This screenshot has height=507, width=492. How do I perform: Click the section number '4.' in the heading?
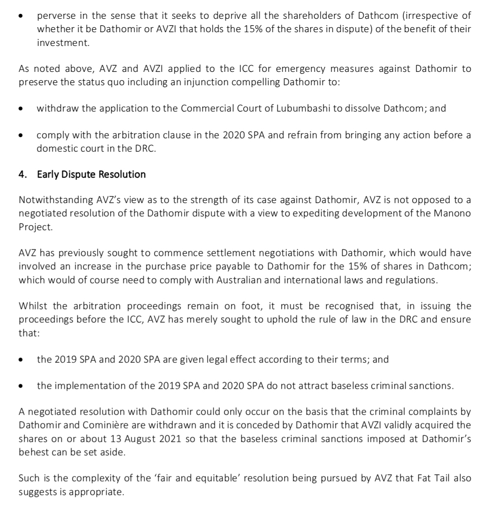[23, 174]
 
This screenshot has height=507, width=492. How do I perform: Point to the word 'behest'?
[33, 452]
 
